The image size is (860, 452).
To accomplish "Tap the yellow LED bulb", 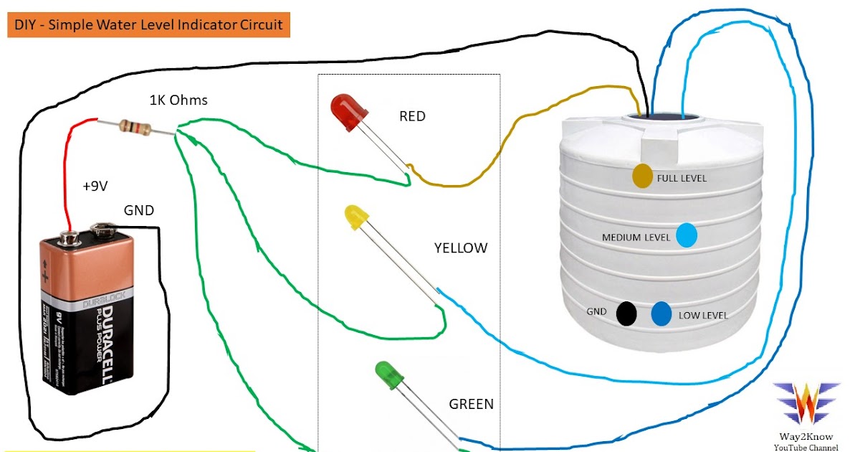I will pos(355,217).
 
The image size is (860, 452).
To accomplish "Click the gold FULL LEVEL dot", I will pos(642,176).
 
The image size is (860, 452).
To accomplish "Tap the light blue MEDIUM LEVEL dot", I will pos(687,236).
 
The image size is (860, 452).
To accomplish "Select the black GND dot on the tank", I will pos(627,313).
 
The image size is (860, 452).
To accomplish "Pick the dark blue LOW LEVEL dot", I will pos(661,314).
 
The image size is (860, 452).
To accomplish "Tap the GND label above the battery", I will pos(139,210).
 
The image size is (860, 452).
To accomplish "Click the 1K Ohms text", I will pos(178,100).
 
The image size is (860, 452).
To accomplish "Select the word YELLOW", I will pos(460,248).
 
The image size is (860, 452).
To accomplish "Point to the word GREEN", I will pos(471,404).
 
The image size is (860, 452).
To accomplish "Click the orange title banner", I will pos(148,25).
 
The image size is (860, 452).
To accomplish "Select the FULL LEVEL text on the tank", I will pos(682,178).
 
